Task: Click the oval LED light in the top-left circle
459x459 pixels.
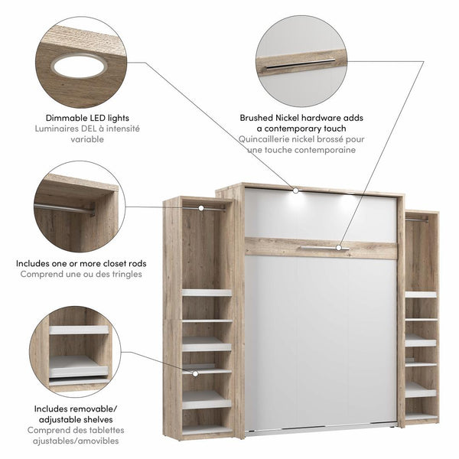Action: pos(79,66)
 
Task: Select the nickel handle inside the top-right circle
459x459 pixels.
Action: pos(300,64)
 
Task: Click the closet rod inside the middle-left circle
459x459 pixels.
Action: pos(64,208)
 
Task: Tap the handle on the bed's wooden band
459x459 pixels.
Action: pos(321,248)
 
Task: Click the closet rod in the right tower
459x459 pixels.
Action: pos(416,220)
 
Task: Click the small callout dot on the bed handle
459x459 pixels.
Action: pos(337,247)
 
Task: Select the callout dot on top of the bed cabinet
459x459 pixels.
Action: pos(295,188)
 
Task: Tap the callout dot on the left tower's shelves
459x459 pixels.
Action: pos(195,373)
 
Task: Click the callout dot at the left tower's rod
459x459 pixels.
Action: pos(200,207)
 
